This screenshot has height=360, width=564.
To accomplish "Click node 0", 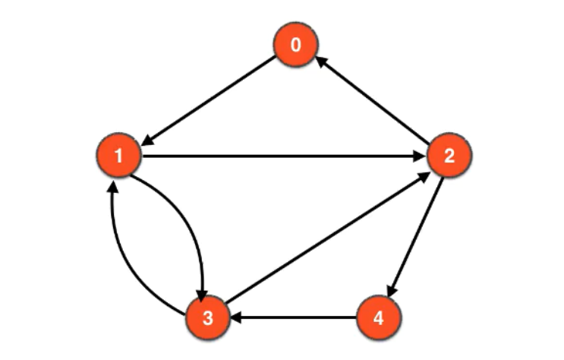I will tap(295, 46).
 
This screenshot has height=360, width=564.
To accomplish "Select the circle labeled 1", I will tap(118, 156).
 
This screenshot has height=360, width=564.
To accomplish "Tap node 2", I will tap(449, 156).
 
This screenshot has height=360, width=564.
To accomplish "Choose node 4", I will tap(379, 318).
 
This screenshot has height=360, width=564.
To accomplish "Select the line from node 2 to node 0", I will tap(372, 101).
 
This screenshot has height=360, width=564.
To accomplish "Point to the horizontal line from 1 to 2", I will tap(281, 157).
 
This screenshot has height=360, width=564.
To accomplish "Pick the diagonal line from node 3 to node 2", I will tap(326, 238).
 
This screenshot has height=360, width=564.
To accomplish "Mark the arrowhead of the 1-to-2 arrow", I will tap(420, 157).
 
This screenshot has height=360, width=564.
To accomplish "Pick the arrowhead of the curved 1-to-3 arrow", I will tap(202, 292).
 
